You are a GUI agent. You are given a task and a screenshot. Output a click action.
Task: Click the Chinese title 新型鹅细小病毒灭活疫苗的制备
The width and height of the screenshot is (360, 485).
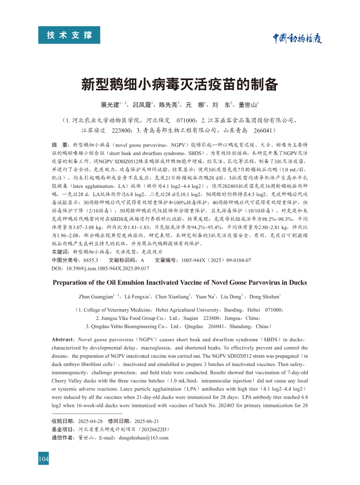click(180, 84)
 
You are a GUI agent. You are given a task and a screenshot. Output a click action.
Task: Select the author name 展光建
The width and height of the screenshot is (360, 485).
click(110, 105)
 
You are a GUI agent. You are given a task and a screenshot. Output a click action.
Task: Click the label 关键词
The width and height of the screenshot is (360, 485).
click(60, 252)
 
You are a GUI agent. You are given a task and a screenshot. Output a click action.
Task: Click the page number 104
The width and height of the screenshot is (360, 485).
click(44, 458)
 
